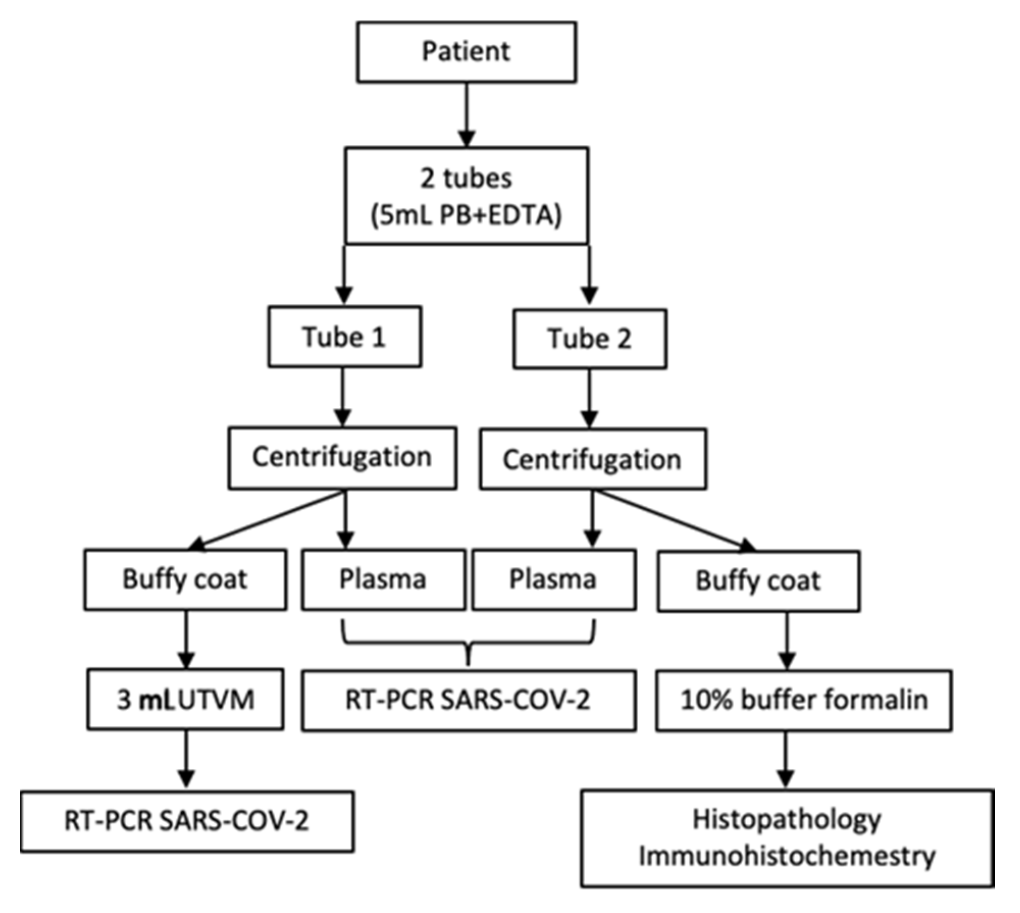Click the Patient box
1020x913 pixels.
click(x=466, y=51)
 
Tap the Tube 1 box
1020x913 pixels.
click(x=344, y=337)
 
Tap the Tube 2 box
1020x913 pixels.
click(x=589, y=339)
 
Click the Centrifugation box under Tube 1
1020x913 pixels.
click(x=342, y=458)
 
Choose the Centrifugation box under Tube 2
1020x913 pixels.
click(x=592, y=460)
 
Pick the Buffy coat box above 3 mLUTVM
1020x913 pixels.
click(x=185, y=580)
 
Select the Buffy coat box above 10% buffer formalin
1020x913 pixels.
click(x=758, y=581)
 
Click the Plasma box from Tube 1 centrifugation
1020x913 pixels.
click(x=383, y=580)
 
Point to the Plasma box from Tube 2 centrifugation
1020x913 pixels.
click(x=553, y=580)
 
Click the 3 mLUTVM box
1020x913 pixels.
click(x=185, y=699)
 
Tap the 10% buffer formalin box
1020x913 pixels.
click(x=803, y=700)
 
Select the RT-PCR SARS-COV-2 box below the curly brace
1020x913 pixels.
click(x=468, y=700)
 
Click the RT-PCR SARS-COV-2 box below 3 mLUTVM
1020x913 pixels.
click(x=187, y=821)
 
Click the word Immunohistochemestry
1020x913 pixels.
click(x=787, y=856)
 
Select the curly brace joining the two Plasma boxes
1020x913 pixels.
click(x=468, y=643)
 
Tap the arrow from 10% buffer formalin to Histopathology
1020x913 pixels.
click(x=786, y=760)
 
